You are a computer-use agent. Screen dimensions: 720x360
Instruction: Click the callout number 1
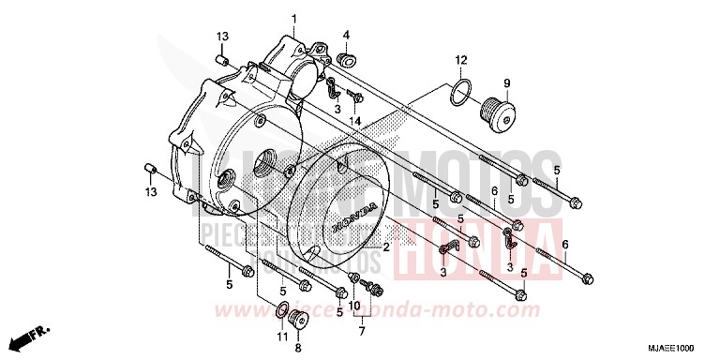click(x=292, y=19)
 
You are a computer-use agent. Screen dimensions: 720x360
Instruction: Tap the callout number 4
click(x=346, y=35)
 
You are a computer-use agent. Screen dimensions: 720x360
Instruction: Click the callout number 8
click(x=298, y=347)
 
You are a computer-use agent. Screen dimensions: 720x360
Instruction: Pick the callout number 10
click(x=354, y=306)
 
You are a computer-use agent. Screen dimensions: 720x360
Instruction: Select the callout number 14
click(x=356, y=121)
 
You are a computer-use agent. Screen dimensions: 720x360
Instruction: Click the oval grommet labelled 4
click(x=346, y=61)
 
